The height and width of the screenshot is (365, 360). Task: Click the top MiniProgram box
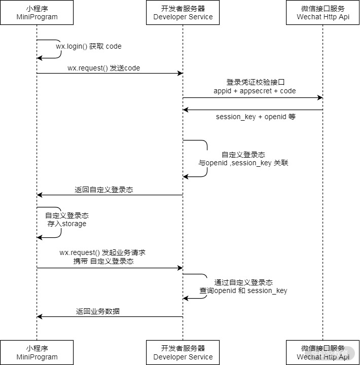coord(37,13)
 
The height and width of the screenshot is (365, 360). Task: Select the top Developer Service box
coord(183,13)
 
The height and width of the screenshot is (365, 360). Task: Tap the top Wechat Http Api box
coord(323,13)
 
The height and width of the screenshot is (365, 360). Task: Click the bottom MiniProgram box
coord(37,352)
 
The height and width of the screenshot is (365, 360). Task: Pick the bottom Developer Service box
coord(183,352)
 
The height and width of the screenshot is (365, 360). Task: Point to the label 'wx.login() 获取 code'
coord(89,46)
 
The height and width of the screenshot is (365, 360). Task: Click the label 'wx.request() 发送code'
coord(104,68)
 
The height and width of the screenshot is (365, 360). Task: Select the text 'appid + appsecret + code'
coord(255,91)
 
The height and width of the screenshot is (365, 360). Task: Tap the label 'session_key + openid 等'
coord(256,117)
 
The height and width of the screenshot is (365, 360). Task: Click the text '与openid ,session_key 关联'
coord(243,163)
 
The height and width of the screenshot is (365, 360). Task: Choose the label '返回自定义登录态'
coord(104,190)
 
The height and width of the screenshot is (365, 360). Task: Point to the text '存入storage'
coord(67,224)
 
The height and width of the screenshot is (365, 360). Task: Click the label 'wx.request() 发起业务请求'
coord(103,252)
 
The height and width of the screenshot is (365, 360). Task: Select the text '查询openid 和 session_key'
coord(243,290)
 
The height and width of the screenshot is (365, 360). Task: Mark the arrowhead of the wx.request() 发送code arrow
coord(180,74)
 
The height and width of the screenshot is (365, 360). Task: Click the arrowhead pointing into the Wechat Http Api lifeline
coord(320,97)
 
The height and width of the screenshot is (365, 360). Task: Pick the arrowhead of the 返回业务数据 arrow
coord(40,316)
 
